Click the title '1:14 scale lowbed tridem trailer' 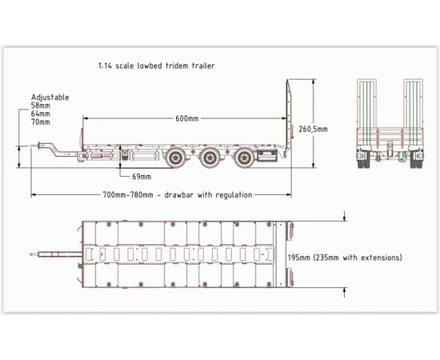tap(156, 66)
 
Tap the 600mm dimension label tap(187, 118)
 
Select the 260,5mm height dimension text tap(313, 129)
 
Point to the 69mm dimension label tap(142, 177)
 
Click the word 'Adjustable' tap(50, 98)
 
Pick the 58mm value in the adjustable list tap(41, 106)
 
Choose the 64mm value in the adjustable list tap(41, 114)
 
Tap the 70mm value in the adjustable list tap(41, 122)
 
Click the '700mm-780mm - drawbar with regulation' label tap(178, 194)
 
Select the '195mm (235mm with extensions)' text tap(345, 258)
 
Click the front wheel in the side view tap(176, 158)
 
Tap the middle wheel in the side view tap(210, 158)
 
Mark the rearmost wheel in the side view tap(244, 158)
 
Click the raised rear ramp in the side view tap(288, 115)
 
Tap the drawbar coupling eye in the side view tap(34, 146)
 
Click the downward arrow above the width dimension tap(345, 216)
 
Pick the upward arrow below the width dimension tap(345, 292)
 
